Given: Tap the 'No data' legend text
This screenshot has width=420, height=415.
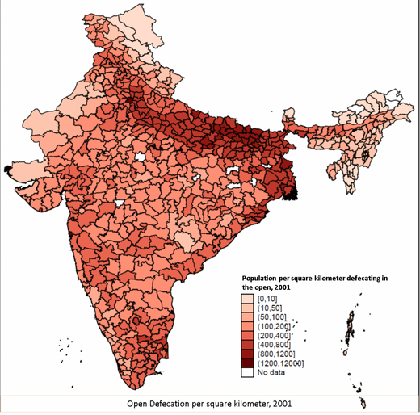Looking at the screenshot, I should click(272, 374).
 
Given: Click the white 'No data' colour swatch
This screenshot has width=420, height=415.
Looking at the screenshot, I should click(249, 374).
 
